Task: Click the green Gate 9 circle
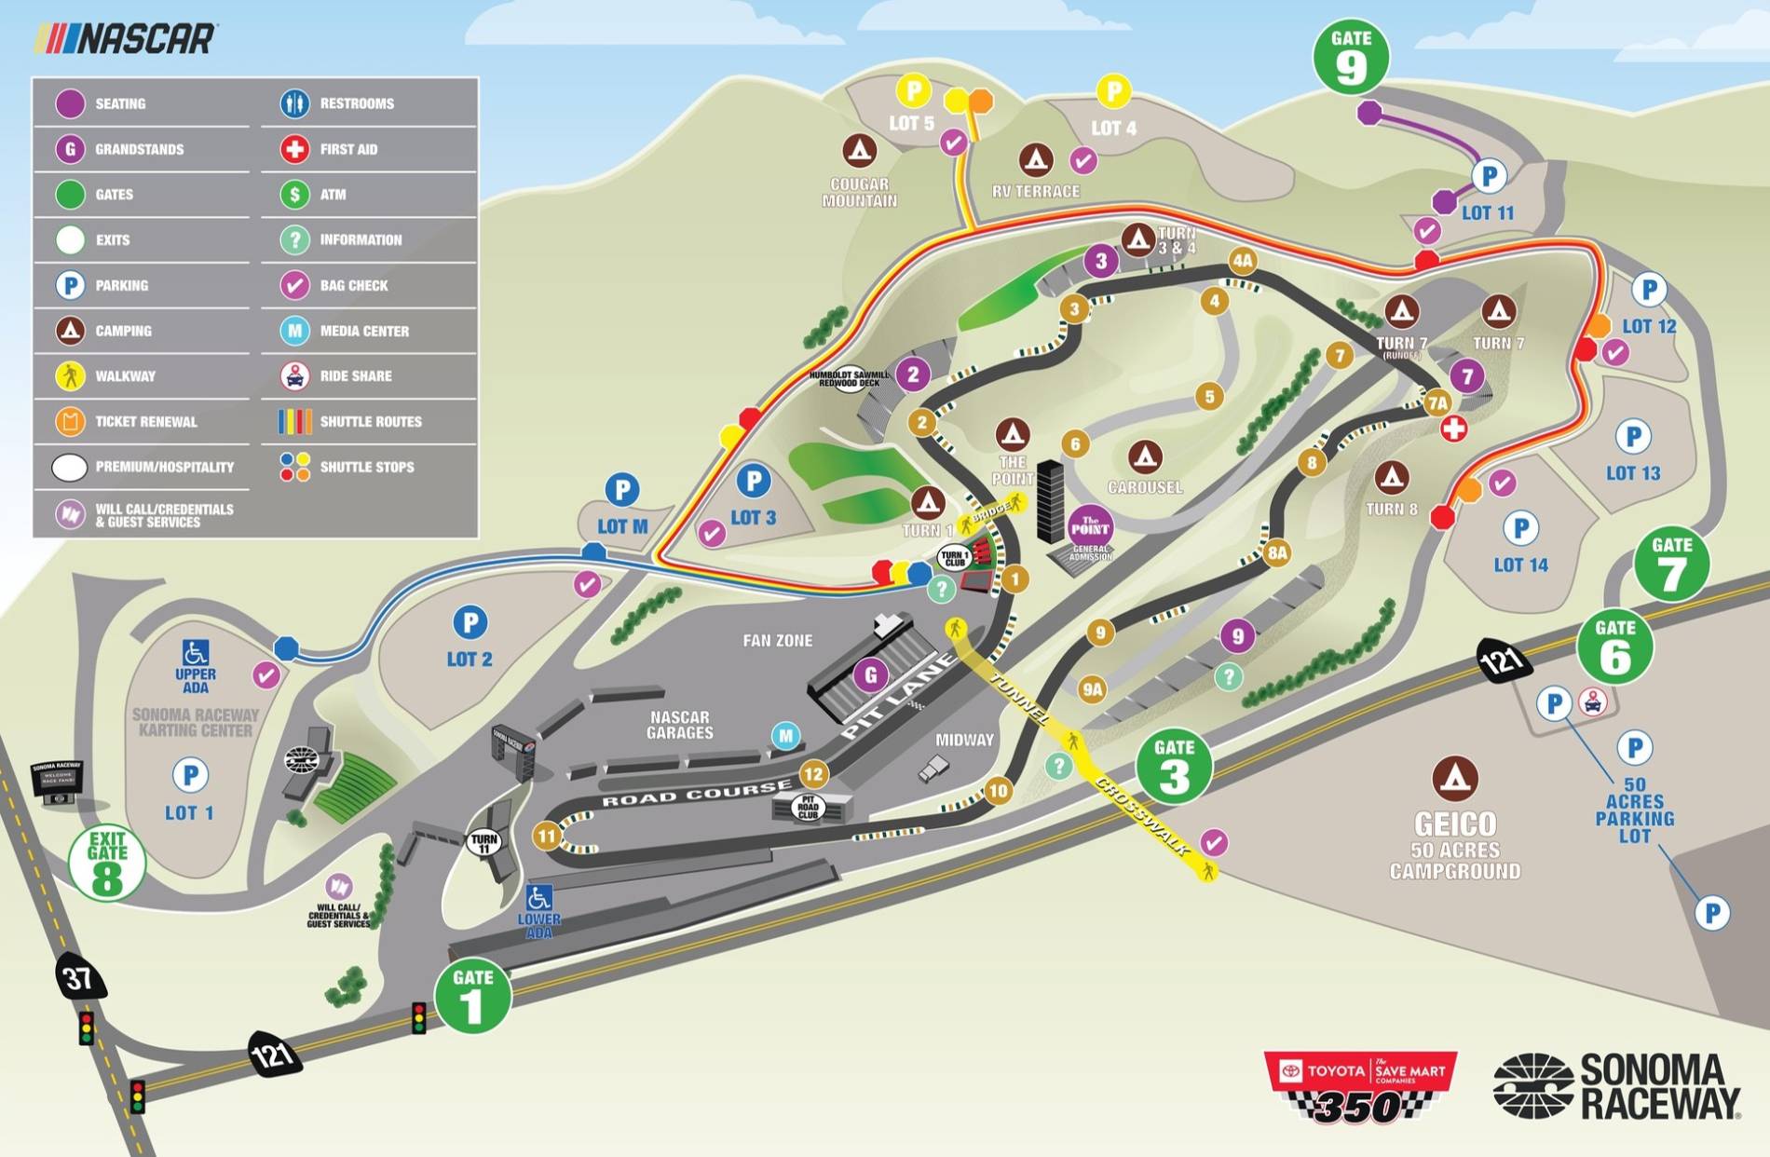point(1351,57)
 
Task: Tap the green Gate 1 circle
point(473,996)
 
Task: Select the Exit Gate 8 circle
point(107,863)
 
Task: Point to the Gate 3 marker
point(1174,766)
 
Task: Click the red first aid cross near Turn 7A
point(1454,429)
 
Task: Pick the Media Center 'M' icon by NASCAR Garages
point(786,736)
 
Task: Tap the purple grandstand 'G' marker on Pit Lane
point(871,674)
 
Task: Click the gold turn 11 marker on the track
point(546,836)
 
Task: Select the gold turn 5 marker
point(1209,396)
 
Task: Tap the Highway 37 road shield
point(78,977)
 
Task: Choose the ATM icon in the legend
point(294,194)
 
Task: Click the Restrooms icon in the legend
point(294,103)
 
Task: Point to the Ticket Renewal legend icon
point(70,421)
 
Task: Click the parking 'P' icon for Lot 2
point(470,622)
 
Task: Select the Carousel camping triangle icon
point(1145,456)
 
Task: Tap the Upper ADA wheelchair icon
point(196,652)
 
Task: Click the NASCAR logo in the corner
point(125,39)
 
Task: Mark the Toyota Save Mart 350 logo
point(1360,1086)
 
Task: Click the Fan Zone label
point(777,640)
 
